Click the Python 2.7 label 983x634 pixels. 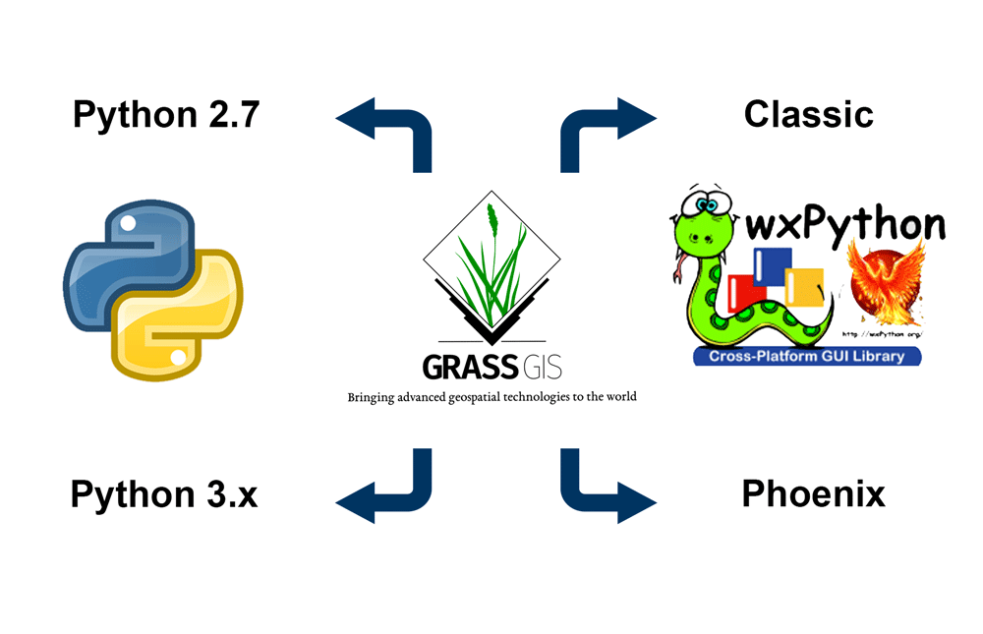[x=168, y=115]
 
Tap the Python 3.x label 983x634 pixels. [x=164, y=493]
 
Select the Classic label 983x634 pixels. [x=808, y=115]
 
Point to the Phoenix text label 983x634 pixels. [x=813, y=493]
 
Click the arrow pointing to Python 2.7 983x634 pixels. [x=388, y=128]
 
